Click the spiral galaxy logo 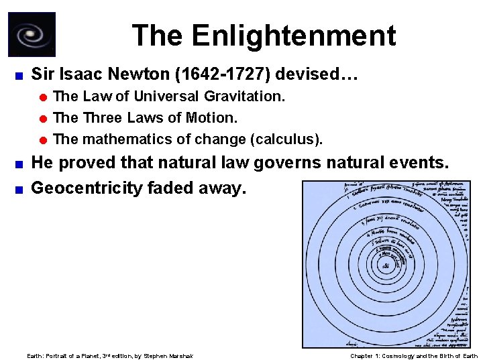tap(32, 34)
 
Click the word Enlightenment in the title tap(294, 36)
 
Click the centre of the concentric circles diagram tap(386, 265)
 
